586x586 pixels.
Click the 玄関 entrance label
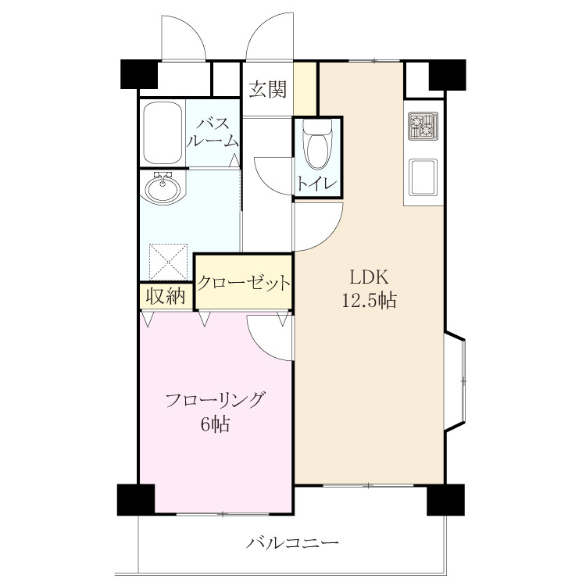pos(267,89)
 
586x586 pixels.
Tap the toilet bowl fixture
pos(317,145)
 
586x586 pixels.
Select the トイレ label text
pos(317,184)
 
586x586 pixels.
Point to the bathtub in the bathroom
pos(163,133)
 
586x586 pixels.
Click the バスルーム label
pos(213,132)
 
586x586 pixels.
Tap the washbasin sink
pos(163,188)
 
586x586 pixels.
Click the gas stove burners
pos(423,126)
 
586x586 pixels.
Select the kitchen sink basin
pos(423,177)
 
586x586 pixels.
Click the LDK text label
pos(369,277)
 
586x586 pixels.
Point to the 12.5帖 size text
pos(370,300)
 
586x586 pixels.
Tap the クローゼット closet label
pos(243,283)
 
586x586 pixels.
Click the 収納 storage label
pos(166,297)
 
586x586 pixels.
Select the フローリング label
pos(216,400)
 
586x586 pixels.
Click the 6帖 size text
pos(215,423)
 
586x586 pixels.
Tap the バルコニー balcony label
pos(292,542)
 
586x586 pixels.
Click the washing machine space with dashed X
pos(168,262)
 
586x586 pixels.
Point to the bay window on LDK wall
pos(456,381)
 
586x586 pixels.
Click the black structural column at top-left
pos(139,74)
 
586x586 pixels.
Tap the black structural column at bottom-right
pos(446,500)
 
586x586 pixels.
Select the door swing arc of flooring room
pos(260,346)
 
